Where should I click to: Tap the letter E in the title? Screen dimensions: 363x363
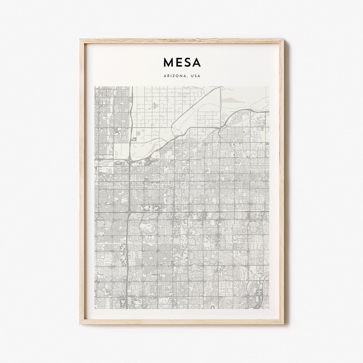(178, 63)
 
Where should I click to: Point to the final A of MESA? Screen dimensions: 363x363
(196, 63)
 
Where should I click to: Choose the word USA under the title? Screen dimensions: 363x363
(195, 76)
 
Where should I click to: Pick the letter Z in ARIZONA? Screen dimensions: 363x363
(174, 76)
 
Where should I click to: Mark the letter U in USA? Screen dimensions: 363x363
(192, 76)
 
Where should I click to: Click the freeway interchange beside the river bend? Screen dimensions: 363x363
(129, 162)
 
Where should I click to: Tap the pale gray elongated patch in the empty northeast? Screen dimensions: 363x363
(232, 99)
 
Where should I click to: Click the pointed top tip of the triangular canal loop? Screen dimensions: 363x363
(220, 87)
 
